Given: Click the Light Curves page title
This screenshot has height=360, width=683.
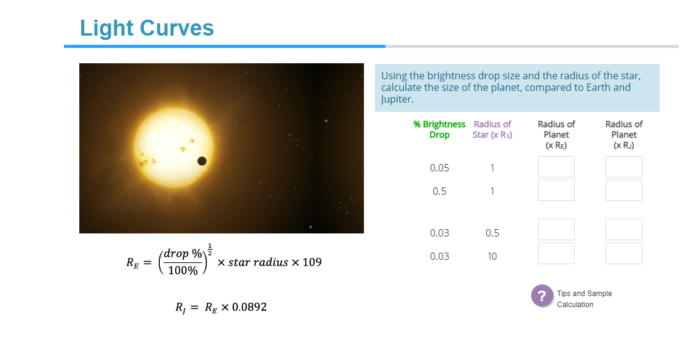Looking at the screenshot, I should pos(147,28).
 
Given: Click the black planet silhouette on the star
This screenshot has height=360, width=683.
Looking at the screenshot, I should pos(201,161).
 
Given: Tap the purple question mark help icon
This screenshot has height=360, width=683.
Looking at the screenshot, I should pos(542,295).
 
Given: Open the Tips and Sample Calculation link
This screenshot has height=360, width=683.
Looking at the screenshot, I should pos(583,299).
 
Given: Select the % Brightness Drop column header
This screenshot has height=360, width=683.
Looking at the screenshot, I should pos(439,130).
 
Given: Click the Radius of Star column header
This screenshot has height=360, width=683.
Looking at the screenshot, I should pos(492,130).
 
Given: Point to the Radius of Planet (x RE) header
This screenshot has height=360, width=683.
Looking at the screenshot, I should pos(556,135).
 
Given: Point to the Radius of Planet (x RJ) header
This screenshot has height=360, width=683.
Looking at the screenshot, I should pos(623,135).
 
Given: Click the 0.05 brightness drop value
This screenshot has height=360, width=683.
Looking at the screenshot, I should pos(439,168).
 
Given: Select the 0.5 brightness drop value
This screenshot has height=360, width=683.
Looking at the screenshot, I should pos(439,191).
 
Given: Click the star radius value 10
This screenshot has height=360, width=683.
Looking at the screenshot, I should pos(492,256).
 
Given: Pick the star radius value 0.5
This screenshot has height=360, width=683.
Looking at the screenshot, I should pos(492,233).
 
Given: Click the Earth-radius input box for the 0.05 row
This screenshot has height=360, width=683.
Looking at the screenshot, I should pos(556,167).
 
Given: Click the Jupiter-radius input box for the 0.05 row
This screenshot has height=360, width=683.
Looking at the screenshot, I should pos(623,167).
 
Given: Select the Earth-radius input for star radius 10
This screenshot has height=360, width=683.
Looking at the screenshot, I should pos(556,253).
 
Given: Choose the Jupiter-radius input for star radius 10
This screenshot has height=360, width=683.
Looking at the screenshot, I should pos(623,253).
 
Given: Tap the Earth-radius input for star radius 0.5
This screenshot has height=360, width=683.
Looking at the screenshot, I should pos(556,230).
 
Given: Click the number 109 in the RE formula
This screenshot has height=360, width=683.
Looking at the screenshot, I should pos(312,263).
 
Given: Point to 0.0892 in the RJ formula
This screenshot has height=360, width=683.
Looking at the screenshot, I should pos(249,307).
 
